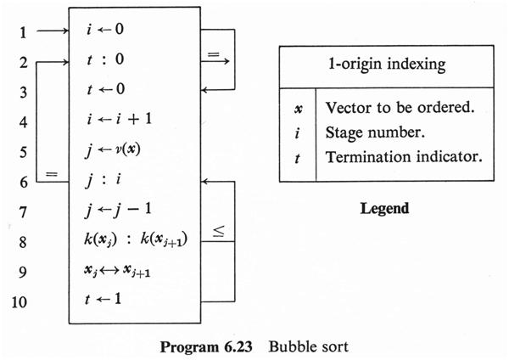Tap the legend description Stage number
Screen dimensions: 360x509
(x=366, y=132)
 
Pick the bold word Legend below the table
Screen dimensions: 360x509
(x=383, y=208)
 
